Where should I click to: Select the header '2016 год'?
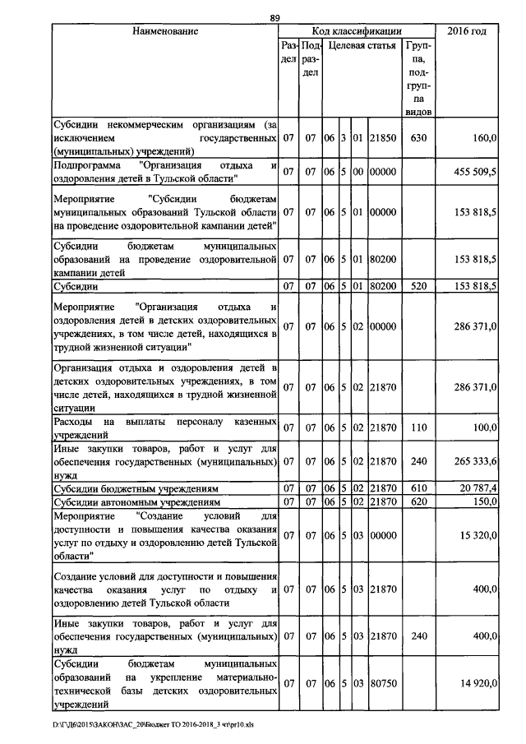466,31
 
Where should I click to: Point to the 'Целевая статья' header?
362,46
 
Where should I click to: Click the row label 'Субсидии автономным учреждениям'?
136,501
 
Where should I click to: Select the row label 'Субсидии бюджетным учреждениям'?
136,488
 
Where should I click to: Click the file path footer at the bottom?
148,725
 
